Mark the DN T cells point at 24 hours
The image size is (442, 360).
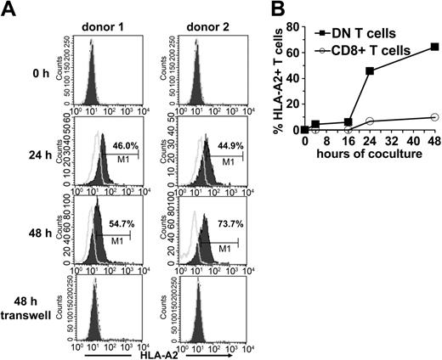[x=370, y=70]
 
